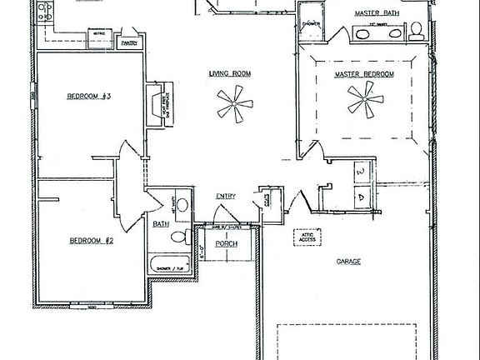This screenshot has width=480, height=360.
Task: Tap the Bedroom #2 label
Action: click(90, 241)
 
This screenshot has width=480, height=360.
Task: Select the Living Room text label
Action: click(229, 74)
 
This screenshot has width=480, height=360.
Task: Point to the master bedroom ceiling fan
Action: click(365, 104)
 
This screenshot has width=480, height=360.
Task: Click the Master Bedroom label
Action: click(364, 74)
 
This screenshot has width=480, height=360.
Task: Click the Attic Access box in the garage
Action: click(306, 237)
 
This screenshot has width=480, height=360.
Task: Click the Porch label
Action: click(227, 243)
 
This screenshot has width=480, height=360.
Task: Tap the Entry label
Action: click(226, 196)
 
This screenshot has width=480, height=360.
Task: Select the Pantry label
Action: click(129, 42)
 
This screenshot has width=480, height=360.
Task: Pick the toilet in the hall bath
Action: click(178, 238)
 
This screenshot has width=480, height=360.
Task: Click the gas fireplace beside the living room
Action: click(157, 105)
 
